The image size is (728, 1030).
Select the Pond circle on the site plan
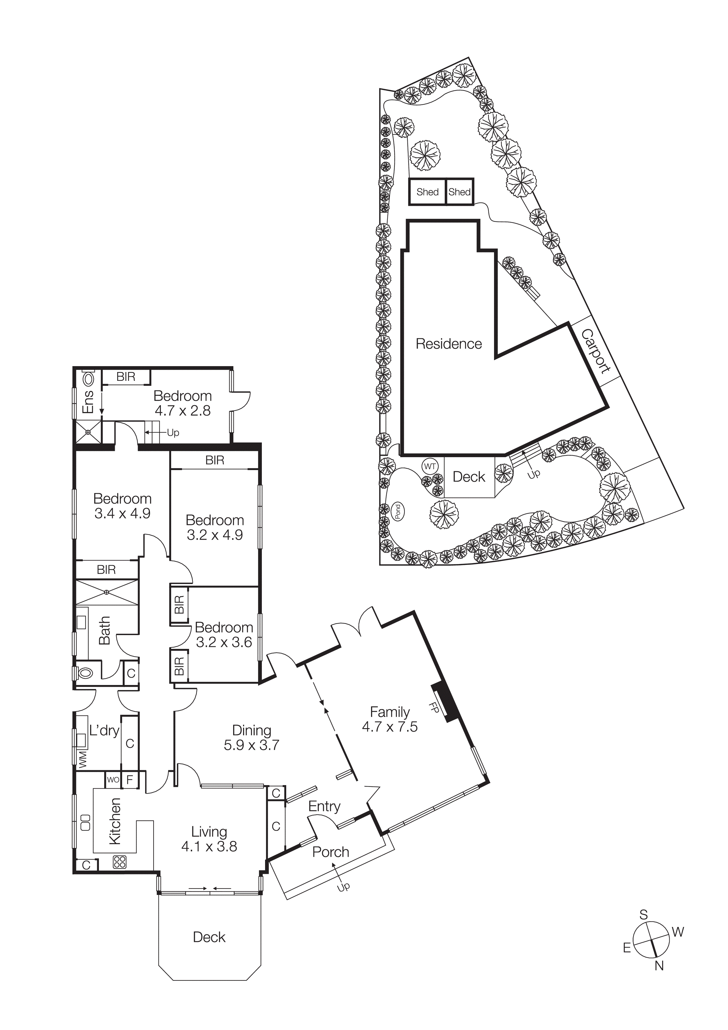(397, 512)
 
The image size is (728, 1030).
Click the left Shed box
(427, 192)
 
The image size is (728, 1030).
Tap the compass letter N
(658, 966)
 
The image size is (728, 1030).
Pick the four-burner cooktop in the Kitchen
(120, 862)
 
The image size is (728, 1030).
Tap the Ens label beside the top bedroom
(88, 402)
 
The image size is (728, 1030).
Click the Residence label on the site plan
(449, 344)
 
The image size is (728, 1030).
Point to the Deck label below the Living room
(209, 937)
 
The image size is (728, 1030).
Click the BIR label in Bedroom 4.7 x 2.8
(126, 377)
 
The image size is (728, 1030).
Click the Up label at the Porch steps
(343, 887)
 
